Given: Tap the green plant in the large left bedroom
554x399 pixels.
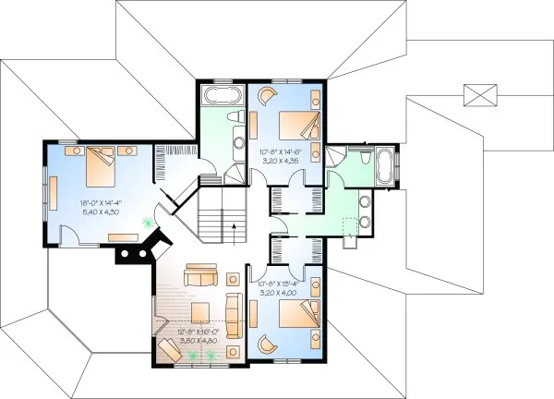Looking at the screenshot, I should (x=147, y=221).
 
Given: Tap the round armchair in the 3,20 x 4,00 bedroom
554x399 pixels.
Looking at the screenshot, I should (x=266, y=343).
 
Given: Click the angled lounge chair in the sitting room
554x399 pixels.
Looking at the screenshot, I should (x=171, y=349).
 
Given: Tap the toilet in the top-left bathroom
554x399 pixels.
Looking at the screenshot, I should (x=239, y=139).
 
